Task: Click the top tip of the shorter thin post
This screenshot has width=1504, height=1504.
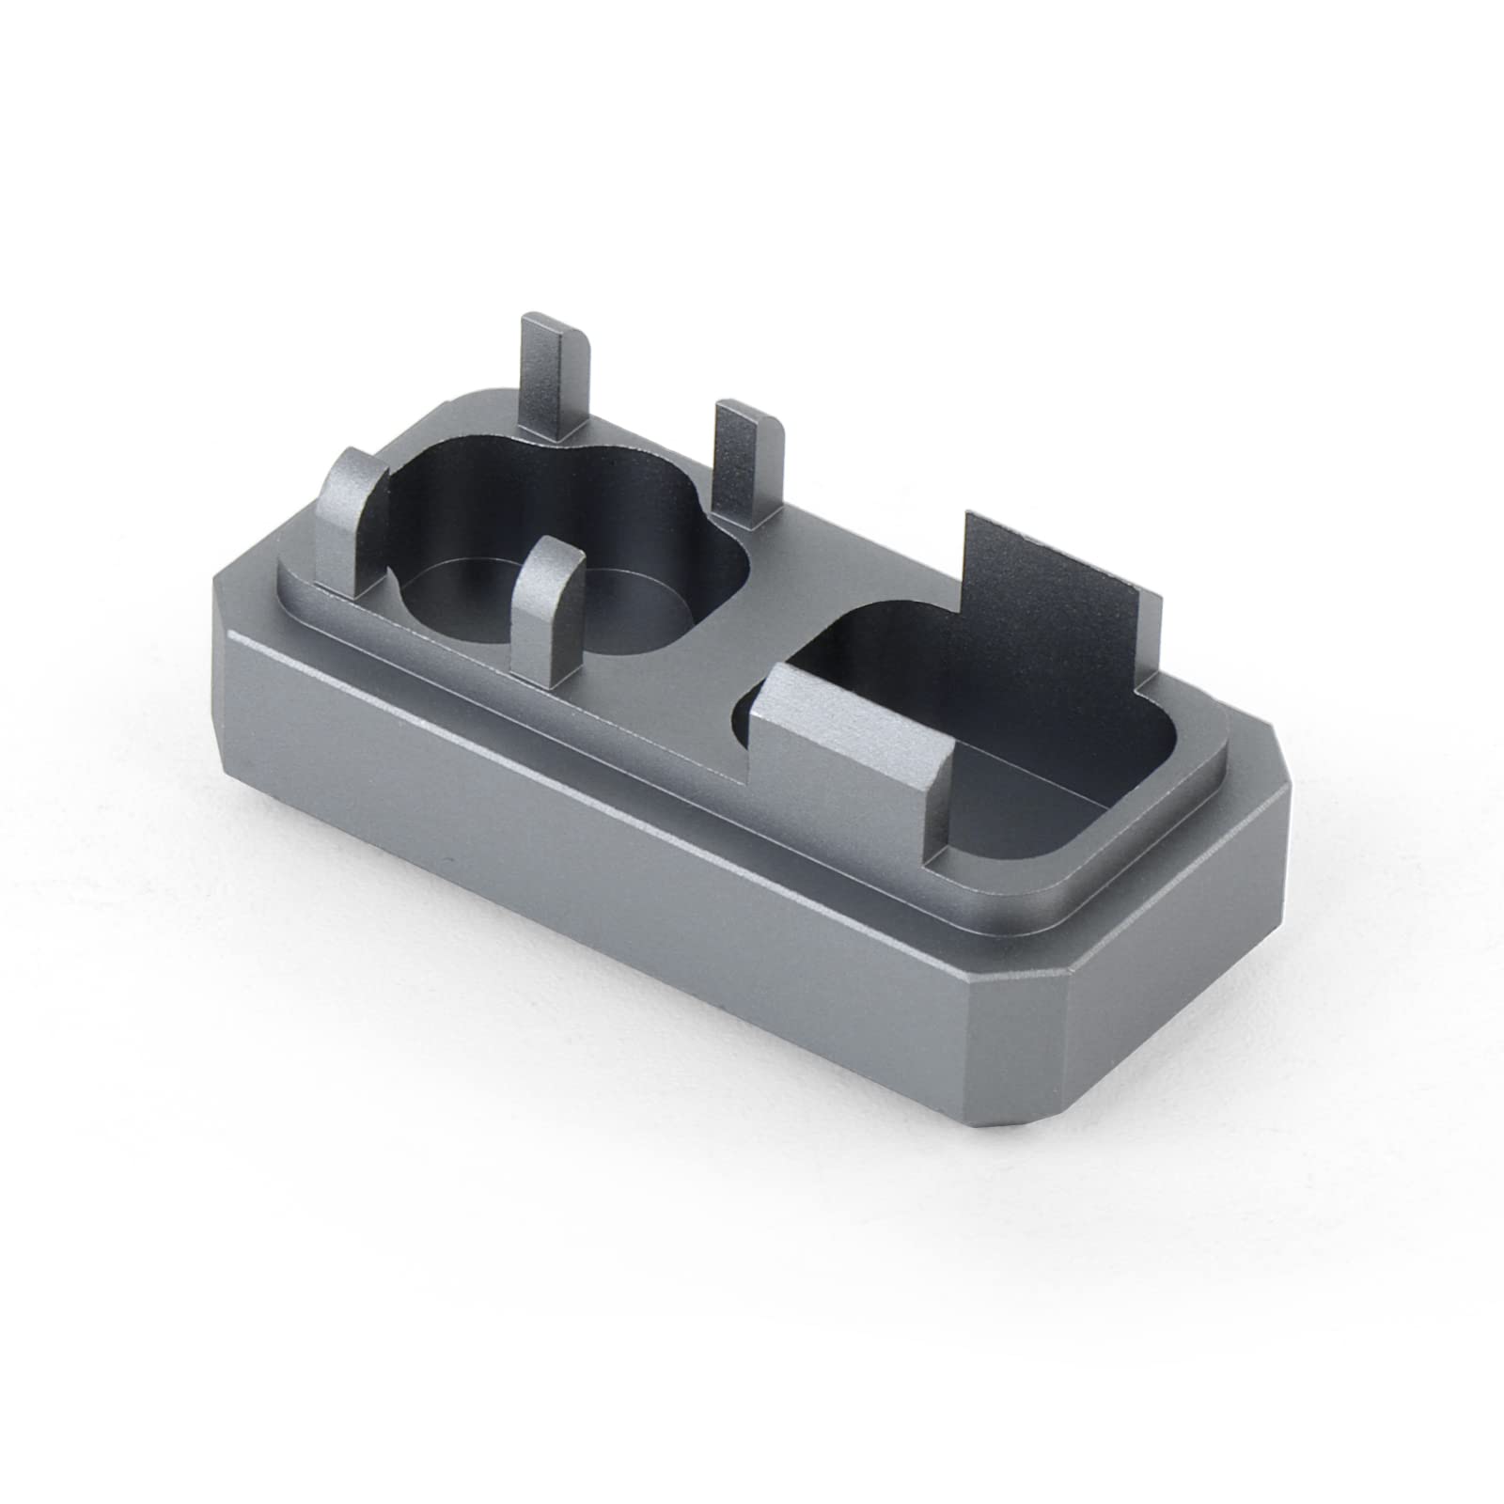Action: click(x=750, y=411)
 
